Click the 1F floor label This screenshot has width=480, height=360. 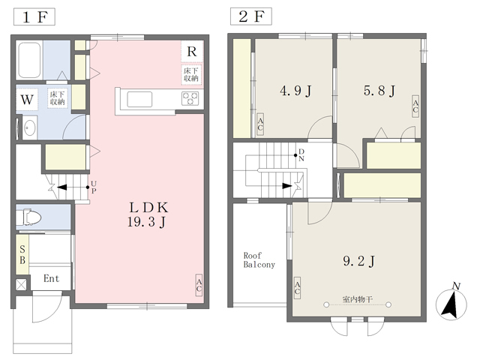[x=34, y=16]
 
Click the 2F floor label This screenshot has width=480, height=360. [x=251, y=16]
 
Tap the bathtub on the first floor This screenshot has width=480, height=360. [x=29, y=60]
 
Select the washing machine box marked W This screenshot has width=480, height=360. [x=27, y=100]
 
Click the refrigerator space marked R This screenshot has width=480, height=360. [x=192, y=52]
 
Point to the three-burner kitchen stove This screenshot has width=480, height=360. [x=190, y=98]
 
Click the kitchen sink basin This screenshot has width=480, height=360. [x=139, y=100]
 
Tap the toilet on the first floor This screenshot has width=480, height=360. [x=28, y=217]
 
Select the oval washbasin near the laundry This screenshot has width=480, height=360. [x=30, y=127]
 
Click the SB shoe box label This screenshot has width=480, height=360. [x=22, y=255]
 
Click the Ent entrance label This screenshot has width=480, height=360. [x=51, y=278]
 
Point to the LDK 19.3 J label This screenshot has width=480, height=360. [x=148, y=215]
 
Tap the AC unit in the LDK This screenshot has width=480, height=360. [x=199, y=285]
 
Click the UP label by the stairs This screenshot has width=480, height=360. [x=94, y=187]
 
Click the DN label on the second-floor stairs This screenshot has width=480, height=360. [x=301, y=155]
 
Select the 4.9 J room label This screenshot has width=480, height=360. [x=295, y=91]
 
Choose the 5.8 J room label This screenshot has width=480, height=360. [x=379, y=91]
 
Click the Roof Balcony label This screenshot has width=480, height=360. [x=259, y=260]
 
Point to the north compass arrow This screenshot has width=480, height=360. [x=451, y=304]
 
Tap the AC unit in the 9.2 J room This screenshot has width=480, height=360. [x=297, y=288]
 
